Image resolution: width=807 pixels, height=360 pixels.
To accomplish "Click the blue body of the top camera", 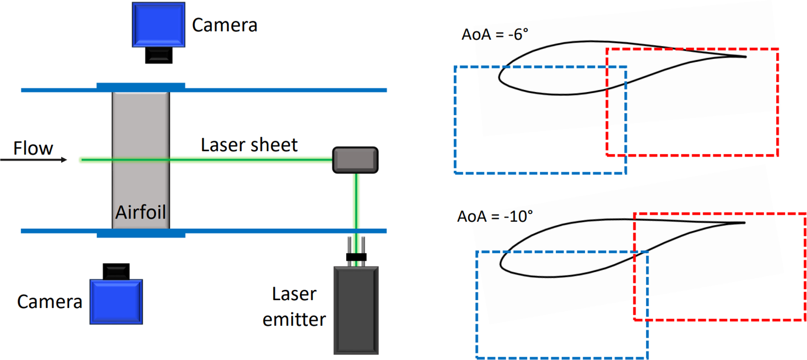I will tap(159, 25).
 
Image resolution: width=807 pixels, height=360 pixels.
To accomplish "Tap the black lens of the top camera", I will tap(159, 55).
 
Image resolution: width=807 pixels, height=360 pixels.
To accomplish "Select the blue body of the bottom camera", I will tap(116, 301).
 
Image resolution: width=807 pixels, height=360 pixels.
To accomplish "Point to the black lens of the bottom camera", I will tap(116, 271).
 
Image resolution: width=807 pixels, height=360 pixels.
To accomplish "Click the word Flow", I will tap(33, 148).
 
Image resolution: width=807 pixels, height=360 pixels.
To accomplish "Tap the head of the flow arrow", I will tap(64, 160).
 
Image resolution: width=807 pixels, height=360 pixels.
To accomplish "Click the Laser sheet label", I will tap(249, 145).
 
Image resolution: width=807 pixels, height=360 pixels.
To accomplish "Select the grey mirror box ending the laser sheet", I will tap(355, 160).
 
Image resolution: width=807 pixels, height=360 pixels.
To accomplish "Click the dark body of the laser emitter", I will tap(356, 310).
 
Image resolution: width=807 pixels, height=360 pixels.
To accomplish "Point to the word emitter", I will tap(294, 320).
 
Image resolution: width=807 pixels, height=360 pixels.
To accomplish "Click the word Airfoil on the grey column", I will tap(141, 212).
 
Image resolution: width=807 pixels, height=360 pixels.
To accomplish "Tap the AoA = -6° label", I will tap(495, 34).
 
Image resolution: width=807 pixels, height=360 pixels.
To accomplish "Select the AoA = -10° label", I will tap(495, 216).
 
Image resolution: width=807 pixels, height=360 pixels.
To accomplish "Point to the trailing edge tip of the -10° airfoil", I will tap(744, 223).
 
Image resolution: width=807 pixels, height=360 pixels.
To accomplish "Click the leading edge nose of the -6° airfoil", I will tap(499, 77).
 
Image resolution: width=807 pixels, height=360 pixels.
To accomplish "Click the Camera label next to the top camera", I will tap(224, 25).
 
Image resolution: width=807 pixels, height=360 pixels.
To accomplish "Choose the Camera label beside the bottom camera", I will tap(50, 302).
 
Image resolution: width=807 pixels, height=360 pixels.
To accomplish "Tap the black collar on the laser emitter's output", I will tap(356, 257).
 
